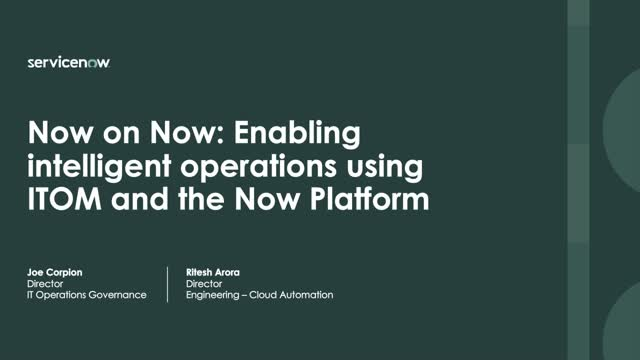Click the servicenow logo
point(69,62)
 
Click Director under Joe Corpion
point(43,283)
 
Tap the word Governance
point(118,296)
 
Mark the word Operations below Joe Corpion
point(62,296)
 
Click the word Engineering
point(210,296)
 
